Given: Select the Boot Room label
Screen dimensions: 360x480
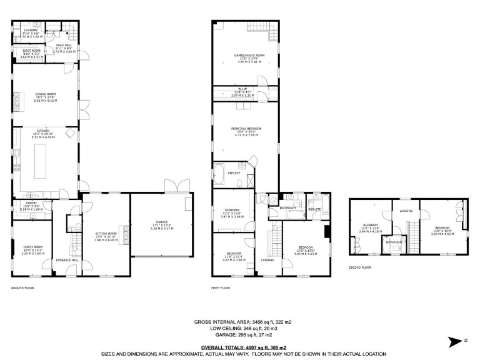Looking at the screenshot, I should click(x=32, y=53).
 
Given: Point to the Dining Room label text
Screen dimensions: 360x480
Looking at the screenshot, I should click(x=46, y=97).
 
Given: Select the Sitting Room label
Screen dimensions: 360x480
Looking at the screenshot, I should click(x=106, y=236).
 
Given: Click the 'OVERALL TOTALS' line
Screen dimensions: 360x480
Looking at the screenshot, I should click(x=244, y=347).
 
